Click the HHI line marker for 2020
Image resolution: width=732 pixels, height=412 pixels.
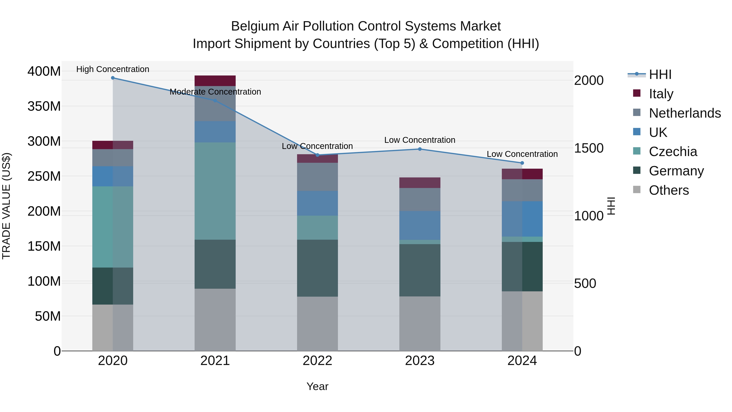pyautogui.click(x=113, y=78)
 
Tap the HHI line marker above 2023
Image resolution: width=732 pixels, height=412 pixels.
pyautogui.click(x=420, y=149)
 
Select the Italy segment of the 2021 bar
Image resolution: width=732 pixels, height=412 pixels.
pyautogui.click(x=215, y=81)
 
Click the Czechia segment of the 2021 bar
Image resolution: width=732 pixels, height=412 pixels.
pyautogui.click(x=215, y=191)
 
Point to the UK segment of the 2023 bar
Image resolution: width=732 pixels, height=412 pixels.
pyautogui.click(x=420, y=225)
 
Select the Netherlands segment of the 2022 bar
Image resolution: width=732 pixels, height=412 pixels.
pyautogui.click(x=317, y=177)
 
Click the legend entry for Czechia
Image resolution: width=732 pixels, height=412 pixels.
pyautogui.click(x=672, y=152)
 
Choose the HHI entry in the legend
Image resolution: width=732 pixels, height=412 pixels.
pyautogui.click(x=660, y=74)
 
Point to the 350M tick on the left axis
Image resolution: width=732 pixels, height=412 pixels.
pyautogui.click(x=44, y=106)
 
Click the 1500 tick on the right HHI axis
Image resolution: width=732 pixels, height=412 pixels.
pyautogui.click(x=588, y=148)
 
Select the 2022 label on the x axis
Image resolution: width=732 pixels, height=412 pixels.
pyautogui.click(x=317, y=361)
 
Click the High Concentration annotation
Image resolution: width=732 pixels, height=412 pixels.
pyautogui.click(x=113, y=69)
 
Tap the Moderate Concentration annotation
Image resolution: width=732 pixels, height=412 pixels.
pyautogui.click(x=215, y=92)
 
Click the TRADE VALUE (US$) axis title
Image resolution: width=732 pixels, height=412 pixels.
pyautogui.click(x=6, y=206)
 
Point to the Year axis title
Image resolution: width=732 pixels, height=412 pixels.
pyautogui.click(x=317, y=386)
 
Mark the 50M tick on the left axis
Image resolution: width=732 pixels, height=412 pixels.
pyautogui.click(x=48, y=316)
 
